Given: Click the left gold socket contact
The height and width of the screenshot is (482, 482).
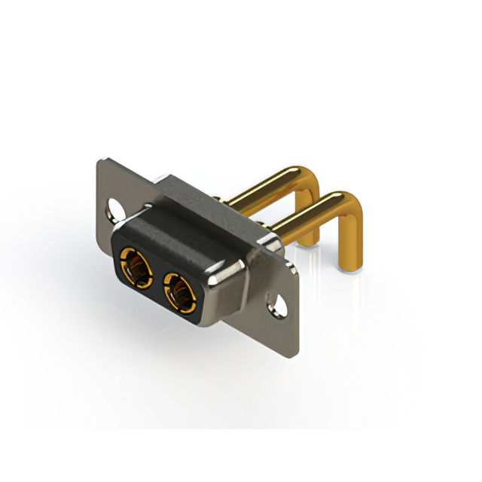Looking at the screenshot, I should click(x=136, y=266).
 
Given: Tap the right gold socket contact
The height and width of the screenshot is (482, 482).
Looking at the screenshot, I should click(x=179, y=291).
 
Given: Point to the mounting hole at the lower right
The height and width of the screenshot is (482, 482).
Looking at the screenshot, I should click(x=279, y=306).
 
